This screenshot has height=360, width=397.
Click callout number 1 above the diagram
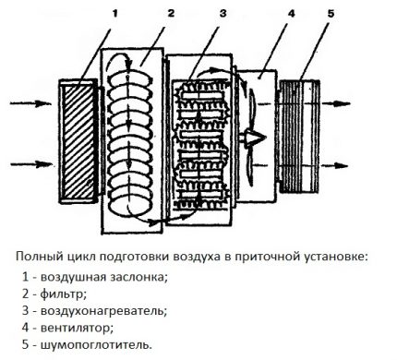114,14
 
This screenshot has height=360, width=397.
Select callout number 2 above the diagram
171,13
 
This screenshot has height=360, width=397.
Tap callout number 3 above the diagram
223,13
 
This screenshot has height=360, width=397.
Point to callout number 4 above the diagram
291,13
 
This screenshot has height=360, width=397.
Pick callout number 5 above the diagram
331,13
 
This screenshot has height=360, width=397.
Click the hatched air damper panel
78,141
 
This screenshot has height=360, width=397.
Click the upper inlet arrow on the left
30,103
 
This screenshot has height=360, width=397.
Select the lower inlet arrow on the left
31,164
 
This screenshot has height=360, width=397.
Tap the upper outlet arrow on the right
335,103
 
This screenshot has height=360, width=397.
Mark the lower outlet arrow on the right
335,165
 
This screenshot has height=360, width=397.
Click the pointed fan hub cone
255,138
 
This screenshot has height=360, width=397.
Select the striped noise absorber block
299,136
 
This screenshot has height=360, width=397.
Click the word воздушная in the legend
73,277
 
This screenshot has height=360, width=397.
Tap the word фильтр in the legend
62,294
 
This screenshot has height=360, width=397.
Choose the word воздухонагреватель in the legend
102,311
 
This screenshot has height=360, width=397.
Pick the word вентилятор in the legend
75,328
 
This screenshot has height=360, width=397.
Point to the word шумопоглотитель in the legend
95,345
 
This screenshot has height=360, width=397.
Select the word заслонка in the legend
137,278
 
